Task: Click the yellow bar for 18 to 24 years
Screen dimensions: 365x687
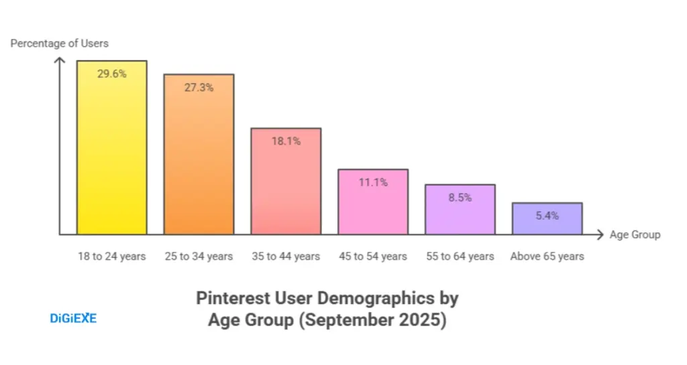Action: (x=111, y=154)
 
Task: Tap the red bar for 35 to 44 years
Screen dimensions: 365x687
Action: (x=286, y=188)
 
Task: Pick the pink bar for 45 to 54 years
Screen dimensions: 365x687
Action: (x=372, y=208)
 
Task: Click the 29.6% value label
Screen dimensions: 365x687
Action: (x=111, y=74)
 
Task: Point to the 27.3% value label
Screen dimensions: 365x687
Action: (x=199, y=87)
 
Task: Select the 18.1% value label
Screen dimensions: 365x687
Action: (x=286, y=141)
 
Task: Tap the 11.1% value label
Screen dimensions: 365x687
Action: (x=372, y=181)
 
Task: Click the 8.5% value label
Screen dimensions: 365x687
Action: (x=460, y=198)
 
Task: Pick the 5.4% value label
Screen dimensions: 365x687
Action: (x=547, y=216)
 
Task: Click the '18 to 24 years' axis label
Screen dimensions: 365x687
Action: (x=111, y=257)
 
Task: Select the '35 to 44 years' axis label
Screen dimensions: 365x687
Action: (x=286, y=257)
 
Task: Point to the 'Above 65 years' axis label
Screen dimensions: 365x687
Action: (x=547, y=257)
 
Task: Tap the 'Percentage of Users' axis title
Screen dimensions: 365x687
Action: (x=59, y=44)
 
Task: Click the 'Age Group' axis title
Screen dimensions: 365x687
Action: (x=635, y=234)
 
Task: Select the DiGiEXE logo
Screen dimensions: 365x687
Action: (x=73, y=318)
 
